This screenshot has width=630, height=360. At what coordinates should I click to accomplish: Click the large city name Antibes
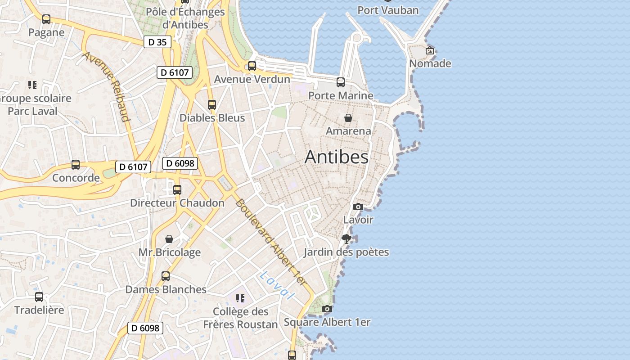pos(336,157)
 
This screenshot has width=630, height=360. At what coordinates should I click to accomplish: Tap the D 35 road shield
pos(157,42)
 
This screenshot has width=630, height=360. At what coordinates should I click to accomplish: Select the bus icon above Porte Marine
pos(341,82)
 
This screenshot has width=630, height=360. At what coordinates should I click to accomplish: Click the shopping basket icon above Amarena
pos(348,118)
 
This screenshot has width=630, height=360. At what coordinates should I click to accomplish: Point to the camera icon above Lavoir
pos(358,207)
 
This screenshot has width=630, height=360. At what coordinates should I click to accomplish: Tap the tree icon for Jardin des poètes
pos(346,238)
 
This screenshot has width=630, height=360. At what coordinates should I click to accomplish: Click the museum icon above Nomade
pos(430,50)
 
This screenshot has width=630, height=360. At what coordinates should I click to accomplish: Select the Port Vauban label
pos(388,10)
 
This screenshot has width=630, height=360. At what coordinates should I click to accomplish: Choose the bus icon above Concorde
pos(76,165)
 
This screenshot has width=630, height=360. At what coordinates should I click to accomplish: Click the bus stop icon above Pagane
pos(46,19)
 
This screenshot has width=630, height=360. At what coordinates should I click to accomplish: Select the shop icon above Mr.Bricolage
pos(169,238)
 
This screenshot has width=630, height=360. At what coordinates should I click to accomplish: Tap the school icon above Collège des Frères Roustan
pos(240,298)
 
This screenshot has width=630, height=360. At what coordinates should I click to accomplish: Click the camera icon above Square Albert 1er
pos(327,309)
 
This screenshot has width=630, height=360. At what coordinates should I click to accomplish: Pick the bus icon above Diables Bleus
pos(212,105)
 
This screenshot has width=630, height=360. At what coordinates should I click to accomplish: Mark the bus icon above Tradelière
pos(39,297)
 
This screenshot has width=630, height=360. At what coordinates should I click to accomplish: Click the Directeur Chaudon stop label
pos(177,203)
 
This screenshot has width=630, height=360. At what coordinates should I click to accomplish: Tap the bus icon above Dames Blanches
pos(166,276)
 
